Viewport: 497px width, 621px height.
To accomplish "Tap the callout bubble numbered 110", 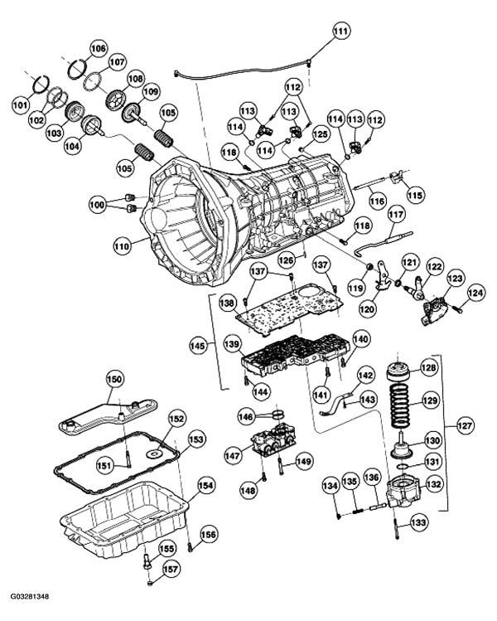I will click(123, 246).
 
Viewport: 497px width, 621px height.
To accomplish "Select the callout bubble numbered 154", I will click(205, 487).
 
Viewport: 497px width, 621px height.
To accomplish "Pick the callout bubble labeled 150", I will click(114, 380).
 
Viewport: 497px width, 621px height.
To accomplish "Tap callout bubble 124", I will click(475, 292).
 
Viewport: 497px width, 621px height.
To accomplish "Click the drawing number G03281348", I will click(30, 596).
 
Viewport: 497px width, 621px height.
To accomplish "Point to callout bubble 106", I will click(98, 48).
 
